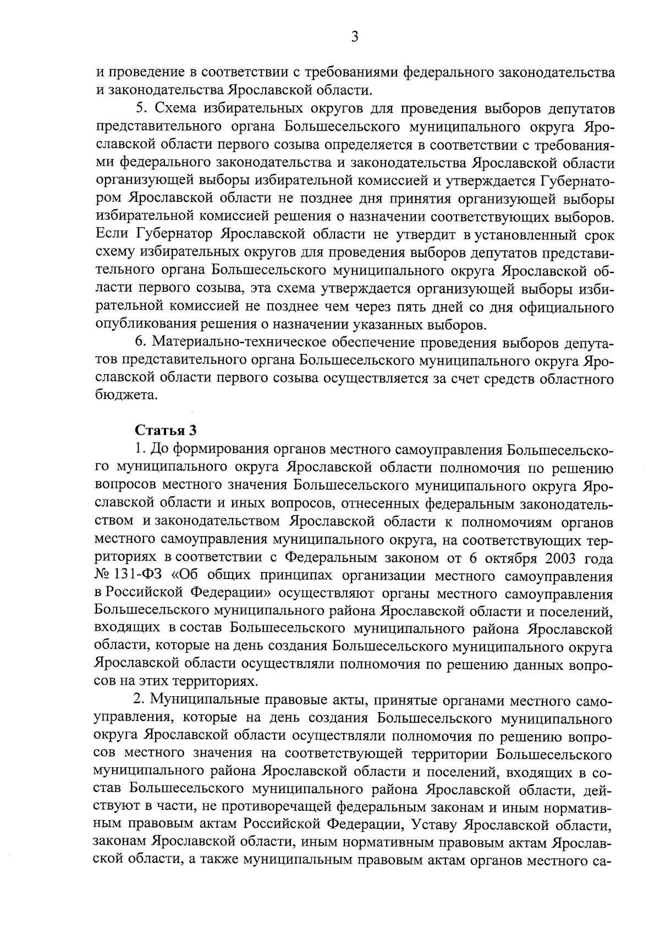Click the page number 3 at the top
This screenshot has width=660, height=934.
(354, 37)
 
